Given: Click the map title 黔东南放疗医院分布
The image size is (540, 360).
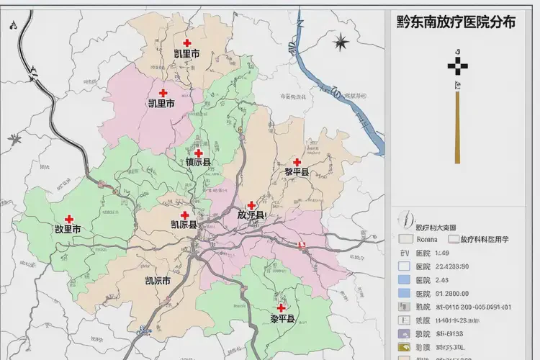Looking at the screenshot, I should [x=456, y=22].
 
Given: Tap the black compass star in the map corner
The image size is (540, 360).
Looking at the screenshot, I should [x=341, y=42].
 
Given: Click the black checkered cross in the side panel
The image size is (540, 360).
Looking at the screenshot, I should [x=456, y=66].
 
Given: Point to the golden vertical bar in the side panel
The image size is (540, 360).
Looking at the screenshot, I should [x=456, y=127].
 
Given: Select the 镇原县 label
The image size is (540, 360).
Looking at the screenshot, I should [x=198, y=163].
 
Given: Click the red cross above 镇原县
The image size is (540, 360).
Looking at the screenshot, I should [x=198, y=153].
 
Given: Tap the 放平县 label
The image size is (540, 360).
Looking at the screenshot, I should [x=251, y=215].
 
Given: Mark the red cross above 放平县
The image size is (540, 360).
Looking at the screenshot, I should [x=251, y=205].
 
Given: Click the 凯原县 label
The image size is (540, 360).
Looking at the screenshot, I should [x=184, y=225].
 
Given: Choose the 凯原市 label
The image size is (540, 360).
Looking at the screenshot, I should [x=158, y=281].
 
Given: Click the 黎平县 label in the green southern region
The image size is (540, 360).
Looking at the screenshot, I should [x=282, y=318].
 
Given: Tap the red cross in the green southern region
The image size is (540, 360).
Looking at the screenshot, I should [x=282, y=307].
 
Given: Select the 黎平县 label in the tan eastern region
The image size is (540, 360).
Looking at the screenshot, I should [x=296, y=171].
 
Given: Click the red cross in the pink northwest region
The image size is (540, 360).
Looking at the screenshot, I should [x=163, y=93].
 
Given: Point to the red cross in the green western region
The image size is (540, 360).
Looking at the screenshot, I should [x=69, y=219].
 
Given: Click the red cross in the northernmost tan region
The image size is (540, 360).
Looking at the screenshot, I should [x=187, y=43].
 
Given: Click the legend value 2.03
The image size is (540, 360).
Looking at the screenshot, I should [x=442, y=280].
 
